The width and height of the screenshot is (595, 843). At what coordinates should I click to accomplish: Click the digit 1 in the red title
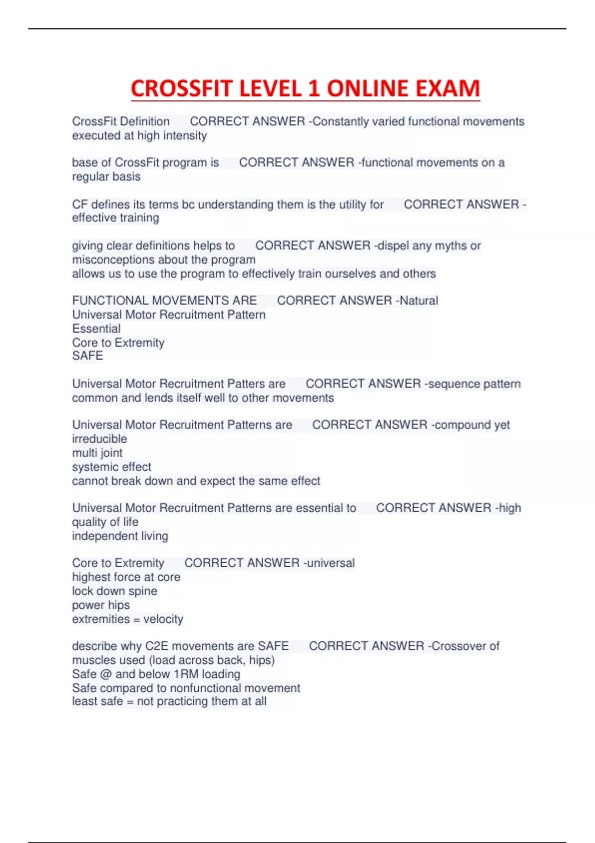click(313, 89)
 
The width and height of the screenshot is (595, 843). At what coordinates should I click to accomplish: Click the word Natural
click(418, 301)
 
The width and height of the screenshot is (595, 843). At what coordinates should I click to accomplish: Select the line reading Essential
click(96, 328)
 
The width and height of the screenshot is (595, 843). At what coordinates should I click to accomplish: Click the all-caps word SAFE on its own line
click(87, 356)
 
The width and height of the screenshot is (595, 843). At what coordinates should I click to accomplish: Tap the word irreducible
click(99, 438)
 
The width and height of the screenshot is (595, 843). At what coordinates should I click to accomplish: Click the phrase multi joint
click(97, 452)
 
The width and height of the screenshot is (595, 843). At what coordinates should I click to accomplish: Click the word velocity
click(163, 619)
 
